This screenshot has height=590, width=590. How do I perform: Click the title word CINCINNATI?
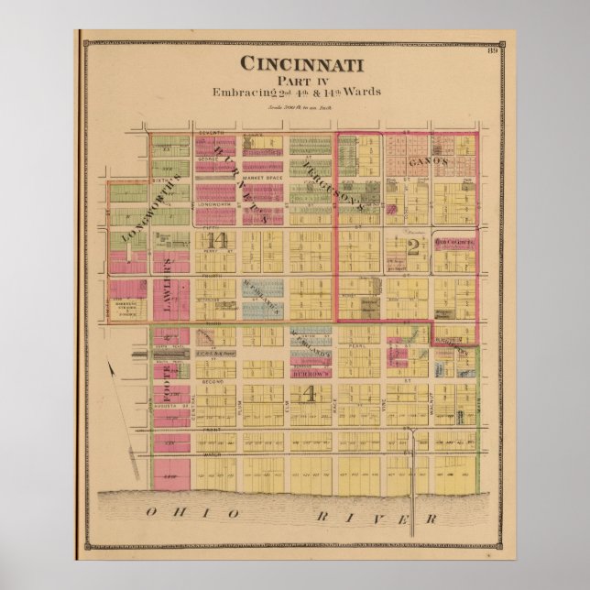[x=301, y=64]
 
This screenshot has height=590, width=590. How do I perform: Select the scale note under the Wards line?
[x=301, y=107]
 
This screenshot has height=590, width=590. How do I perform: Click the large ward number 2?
[x=414, y=245]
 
